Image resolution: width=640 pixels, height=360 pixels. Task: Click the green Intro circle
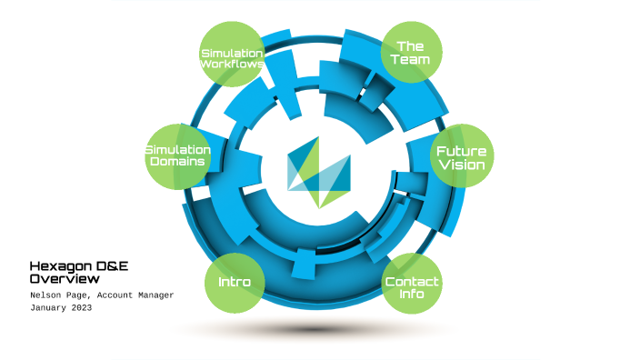[x=234, y=281]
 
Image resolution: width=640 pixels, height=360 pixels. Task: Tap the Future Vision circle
[x=461, y=157]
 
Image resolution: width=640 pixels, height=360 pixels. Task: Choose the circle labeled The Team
[x=411, y=52]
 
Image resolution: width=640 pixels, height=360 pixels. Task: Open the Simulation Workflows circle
[x=232, y=57]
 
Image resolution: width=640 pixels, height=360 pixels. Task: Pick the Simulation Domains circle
[x=177, y=156]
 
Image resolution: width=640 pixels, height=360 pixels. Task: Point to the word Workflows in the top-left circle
[x=232, y=65]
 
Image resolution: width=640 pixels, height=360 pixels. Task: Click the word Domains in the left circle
[x=177, y=163]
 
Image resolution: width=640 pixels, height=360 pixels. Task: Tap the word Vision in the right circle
[x=461, y=165]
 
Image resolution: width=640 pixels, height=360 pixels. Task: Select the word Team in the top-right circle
[x=411, y=60]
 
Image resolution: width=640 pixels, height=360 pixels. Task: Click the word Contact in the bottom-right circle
[x=412, y=281]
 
